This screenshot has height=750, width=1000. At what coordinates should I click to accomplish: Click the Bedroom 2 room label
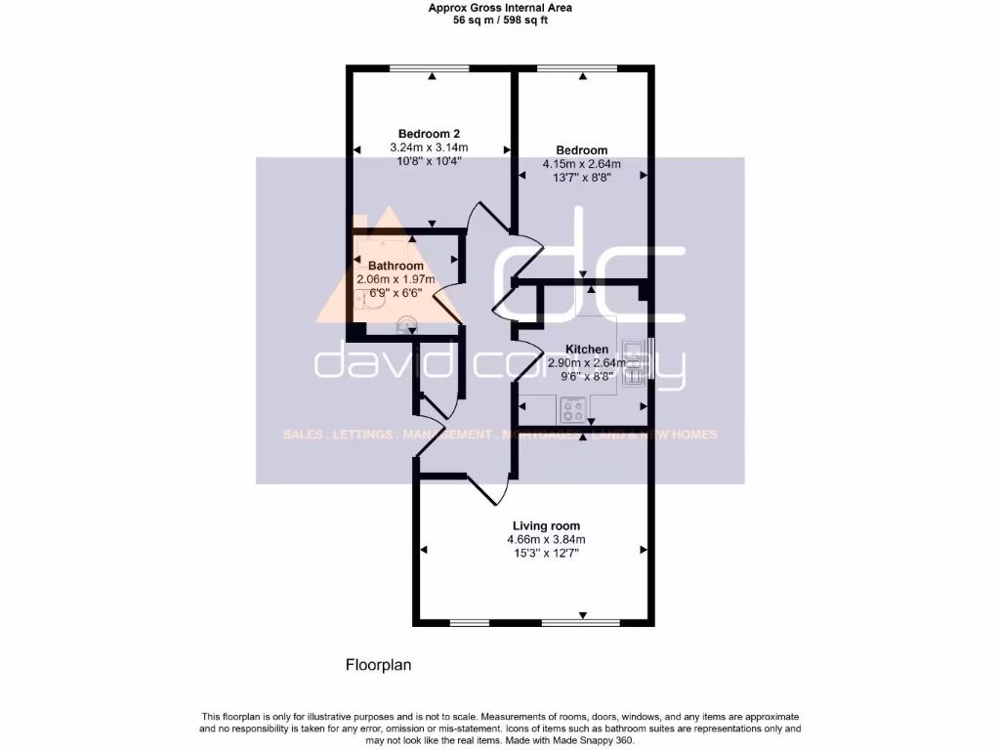coord(429,134)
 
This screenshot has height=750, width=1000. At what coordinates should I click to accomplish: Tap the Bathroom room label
coord(396,266)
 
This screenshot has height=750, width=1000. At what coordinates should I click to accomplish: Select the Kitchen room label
coord(586,349)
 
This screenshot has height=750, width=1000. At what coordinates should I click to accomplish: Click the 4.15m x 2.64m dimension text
coord(581,163)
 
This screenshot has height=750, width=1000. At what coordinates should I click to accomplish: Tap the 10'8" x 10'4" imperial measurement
coord(429,161)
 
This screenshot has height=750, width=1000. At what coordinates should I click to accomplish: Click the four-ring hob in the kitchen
coord(571,409)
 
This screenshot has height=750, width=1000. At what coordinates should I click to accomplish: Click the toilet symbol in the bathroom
coord(406,324)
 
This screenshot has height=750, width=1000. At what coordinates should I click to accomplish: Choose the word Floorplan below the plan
coord(379,665)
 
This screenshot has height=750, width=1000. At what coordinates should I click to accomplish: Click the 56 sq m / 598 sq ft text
coord(501,20)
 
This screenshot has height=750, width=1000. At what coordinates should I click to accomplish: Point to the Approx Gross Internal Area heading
coord(501,8)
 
